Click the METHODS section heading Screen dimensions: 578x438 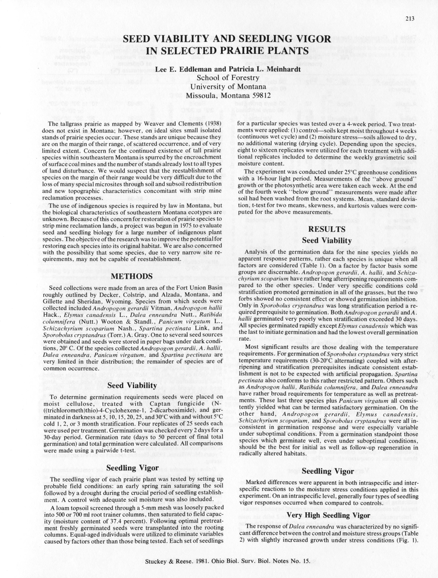pos(132,276)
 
